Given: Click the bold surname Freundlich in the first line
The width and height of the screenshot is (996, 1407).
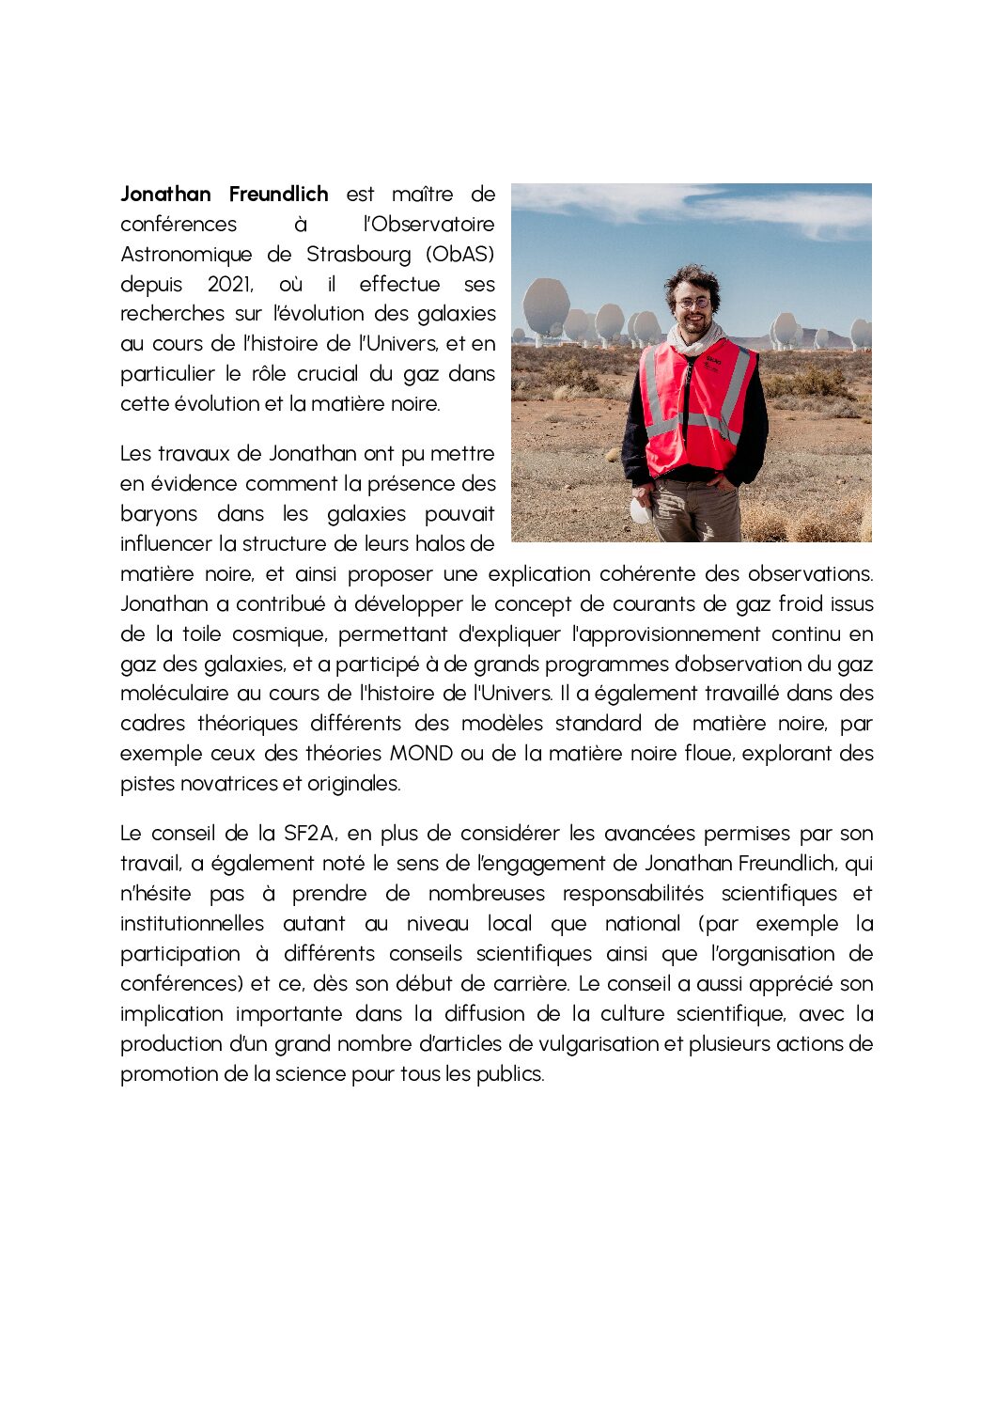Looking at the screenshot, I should coord(278,195).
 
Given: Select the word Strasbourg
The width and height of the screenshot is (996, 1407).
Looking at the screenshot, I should coord(358,255).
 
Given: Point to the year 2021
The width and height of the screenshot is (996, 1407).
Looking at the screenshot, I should coord(230,285).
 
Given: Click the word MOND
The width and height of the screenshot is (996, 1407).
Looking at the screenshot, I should coord(421,754).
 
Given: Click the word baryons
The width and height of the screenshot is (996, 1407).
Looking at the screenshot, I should coord(159,514).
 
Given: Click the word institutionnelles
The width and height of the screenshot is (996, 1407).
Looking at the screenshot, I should coord(192,924).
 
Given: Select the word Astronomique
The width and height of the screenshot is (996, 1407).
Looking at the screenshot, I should coord(186,255).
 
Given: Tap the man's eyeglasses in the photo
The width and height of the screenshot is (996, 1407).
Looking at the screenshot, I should coord(693,303).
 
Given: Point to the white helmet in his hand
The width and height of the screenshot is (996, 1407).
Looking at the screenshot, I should coord(640,510).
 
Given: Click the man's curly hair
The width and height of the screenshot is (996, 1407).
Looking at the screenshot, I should coord(692,278).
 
